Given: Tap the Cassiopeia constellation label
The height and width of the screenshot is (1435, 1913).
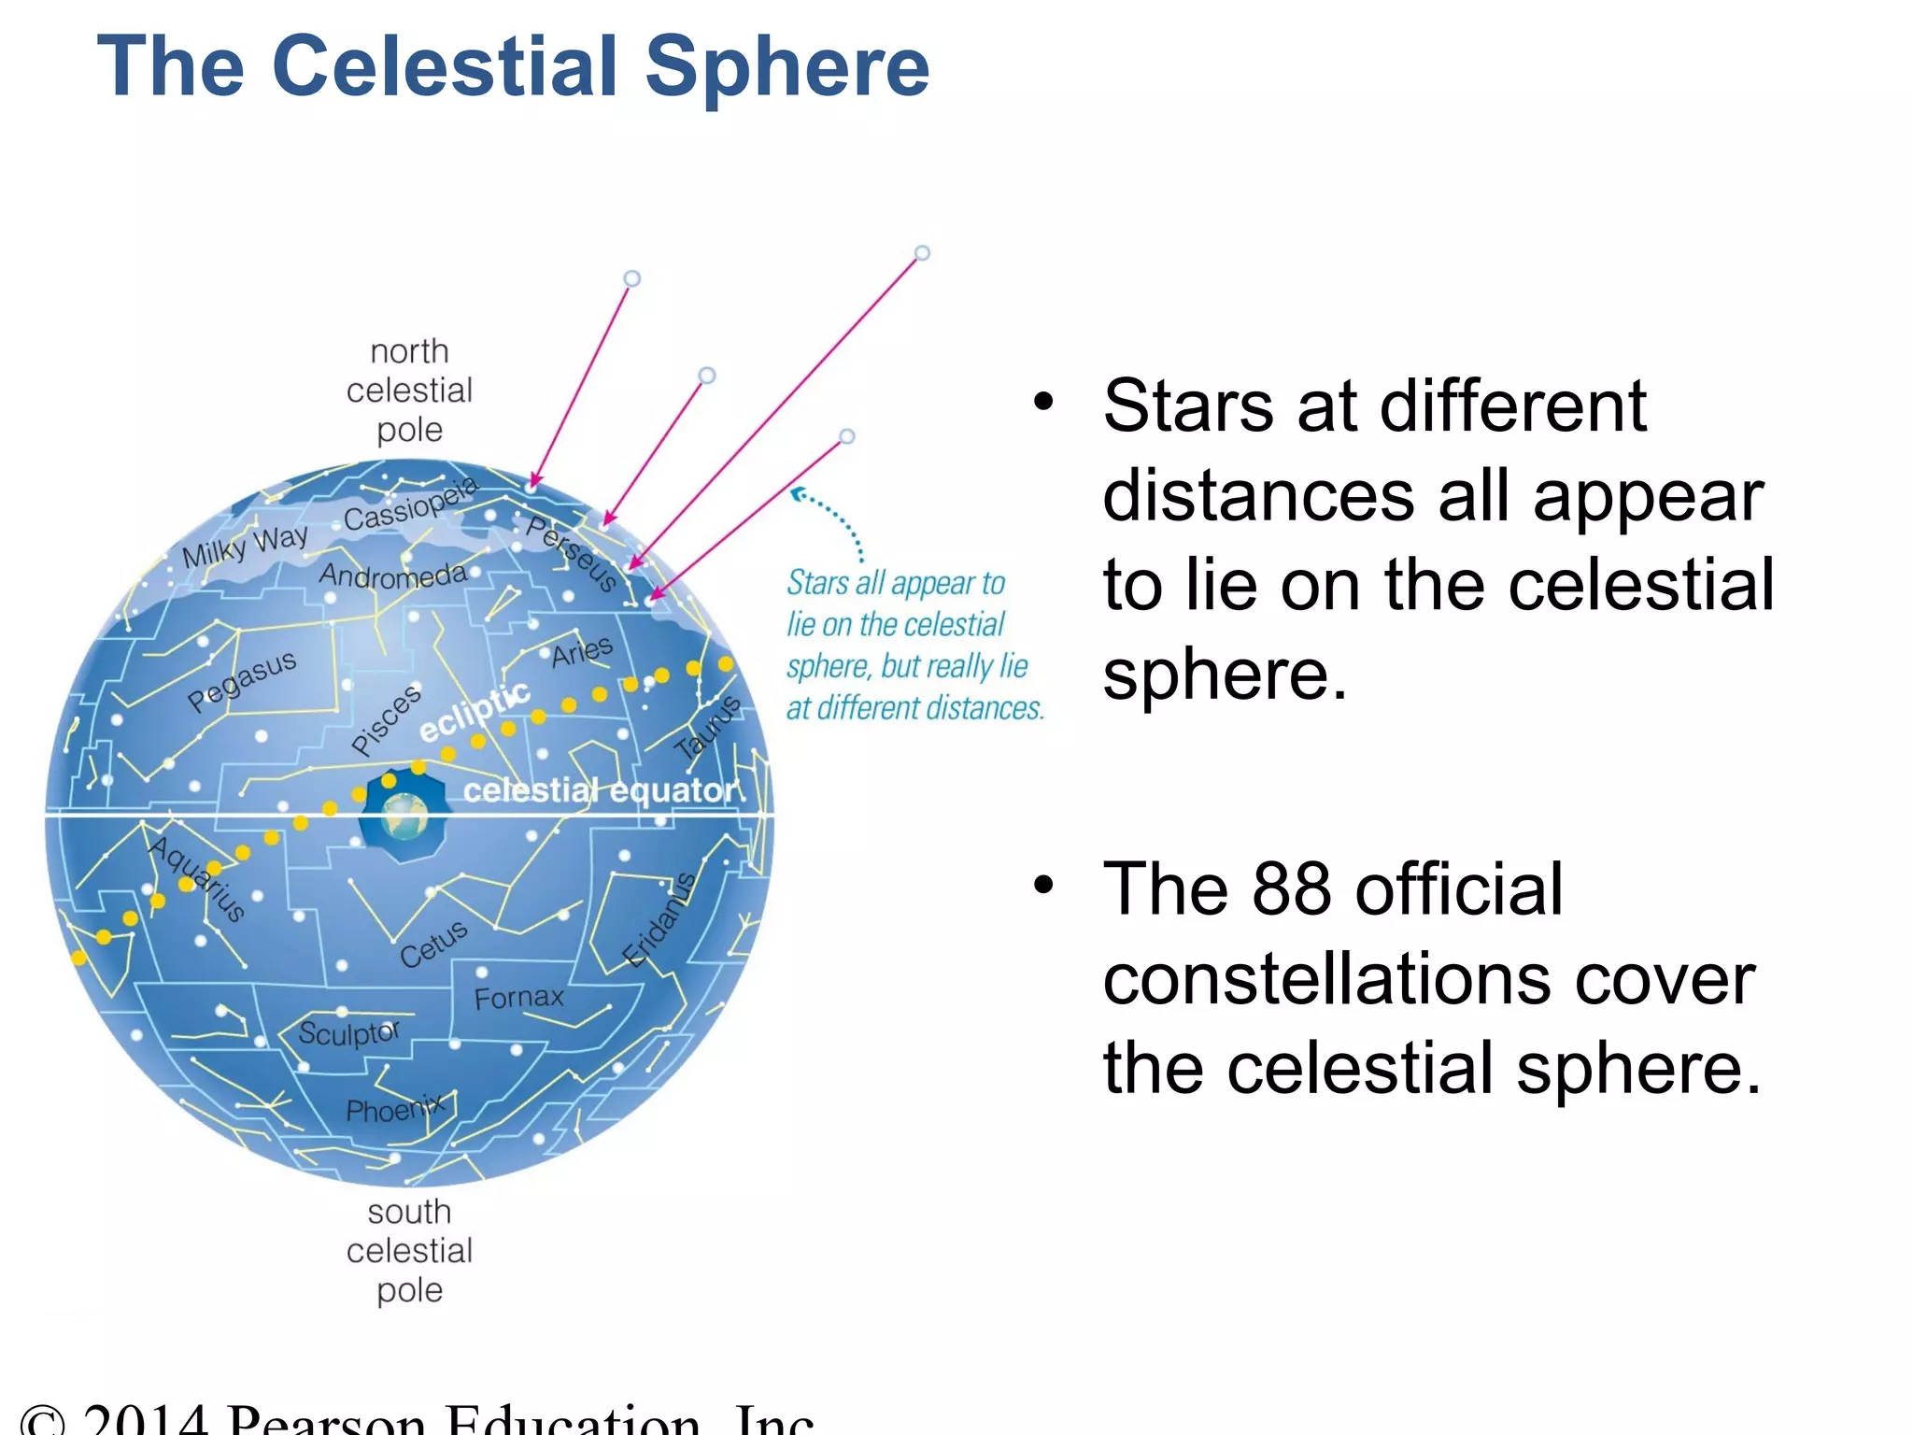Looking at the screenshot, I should (x=411, y=504).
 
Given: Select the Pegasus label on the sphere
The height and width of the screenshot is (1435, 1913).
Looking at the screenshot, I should (x=242, y=681).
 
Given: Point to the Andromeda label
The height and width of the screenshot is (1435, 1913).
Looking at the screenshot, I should (x=392, y=575).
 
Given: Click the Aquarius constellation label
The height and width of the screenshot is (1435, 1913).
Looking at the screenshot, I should (x=197, y=878).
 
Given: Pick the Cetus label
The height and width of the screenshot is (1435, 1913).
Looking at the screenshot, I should (x=433, y=944).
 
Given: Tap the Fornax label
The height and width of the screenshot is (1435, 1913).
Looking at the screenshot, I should (x=518, y=998).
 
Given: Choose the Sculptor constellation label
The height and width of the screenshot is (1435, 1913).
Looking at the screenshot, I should (x=348, y=1033).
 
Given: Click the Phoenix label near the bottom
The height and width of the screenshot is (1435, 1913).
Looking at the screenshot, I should (x=395, y=1110).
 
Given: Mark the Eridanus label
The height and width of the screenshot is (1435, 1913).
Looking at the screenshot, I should (x=659, y=921).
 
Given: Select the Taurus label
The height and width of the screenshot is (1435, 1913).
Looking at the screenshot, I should (x=708, y=728).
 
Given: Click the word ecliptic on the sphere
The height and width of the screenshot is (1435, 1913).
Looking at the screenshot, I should (x=475, y=711).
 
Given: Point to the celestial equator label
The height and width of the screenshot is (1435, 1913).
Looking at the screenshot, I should (x=599, y=790).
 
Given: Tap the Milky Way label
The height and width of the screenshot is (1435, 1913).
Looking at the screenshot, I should (x=245, y=546).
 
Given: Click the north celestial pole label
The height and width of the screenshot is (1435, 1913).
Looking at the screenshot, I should (x=409, y=391).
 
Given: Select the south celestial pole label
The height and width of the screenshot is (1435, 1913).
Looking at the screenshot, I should (x=409, y=1250).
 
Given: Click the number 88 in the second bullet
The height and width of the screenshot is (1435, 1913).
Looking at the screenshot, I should (x=1291, y=888).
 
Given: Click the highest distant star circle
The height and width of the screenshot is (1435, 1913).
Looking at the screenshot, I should (x=922, y=253).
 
